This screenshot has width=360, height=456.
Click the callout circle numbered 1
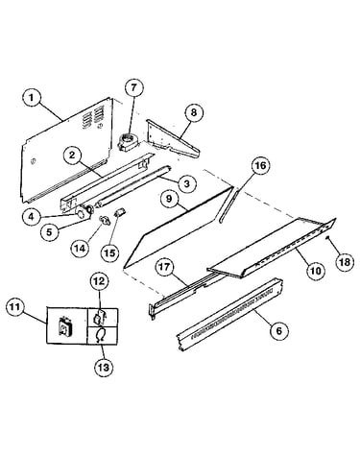point(32,98)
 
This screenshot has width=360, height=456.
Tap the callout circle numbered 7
point(133,87)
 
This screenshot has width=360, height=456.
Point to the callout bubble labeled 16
point(260,165)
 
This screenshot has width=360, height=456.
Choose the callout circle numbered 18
point(345,262)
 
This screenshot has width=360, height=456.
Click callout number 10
point(315,271)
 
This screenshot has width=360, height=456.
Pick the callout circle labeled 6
point(279,330)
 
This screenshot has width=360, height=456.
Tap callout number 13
point(104,368)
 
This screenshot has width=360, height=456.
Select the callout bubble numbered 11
point(15,307)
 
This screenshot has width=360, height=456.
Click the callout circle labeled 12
point(99,281)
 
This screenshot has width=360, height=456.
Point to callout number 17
point(165,267)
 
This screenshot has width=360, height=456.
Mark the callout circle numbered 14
point(80,248)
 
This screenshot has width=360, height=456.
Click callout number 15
point(109,253)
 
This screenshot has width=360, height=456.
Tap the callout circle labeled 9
point(169,199)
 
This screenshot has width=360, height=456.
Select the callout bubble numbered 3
point(187,183)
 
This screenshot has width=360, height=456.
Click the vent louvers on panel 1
point(94,117)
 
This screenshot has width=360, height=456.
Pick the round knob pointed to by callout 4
point(80,212)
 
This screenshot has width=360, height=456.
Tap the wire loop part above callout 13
point(100,336)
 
